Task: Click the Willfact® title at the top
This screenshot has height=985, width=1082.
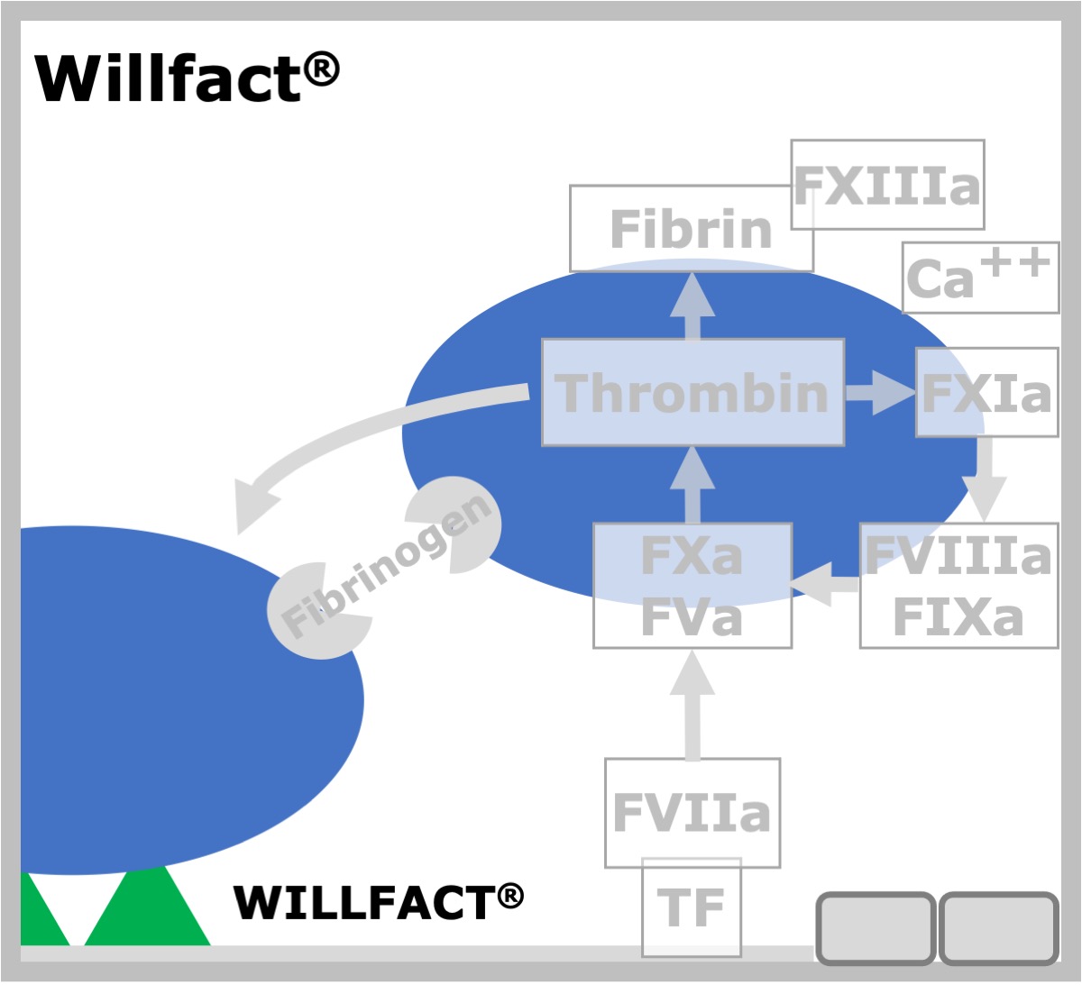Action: point(187,77)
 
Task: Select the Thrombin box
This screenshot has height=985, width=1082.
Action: point(692,392)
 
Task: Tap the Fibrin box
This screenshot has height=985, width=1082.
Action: point(692,229)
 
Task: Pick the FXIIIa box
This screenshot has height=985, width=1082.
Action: point(887,185)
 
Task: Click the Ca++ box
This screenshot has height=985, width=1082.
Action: point(980,277)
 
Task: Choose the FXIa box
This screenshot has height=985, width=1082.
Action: point(986,392)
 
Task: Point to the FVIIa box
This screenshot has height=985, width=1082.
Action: point(692,813)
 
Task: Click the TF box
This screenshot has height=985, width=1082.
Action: point(692,907)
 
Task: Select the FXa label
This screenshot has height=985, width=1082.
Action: point(692,555)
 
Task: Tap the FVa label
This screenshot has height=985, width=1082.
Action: point(692,617)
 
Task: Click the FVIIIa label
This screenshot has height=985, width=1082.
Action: point(958,555)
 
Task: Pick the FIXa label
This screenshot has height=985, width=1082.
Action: point(958,617)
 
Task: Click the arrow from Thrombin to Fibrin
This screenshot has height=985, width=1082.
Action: point(692,306)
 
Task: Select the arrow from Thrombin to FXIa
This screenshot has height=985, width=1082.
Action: point(880,393)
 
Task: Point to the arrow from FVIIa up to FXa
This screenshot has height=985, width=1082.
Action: point(692,704)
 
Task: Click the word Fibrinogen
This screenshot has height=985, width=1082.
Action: point(386,566)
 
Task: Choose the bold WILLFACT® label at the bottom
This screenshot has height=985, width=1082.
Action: point(378,902)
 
